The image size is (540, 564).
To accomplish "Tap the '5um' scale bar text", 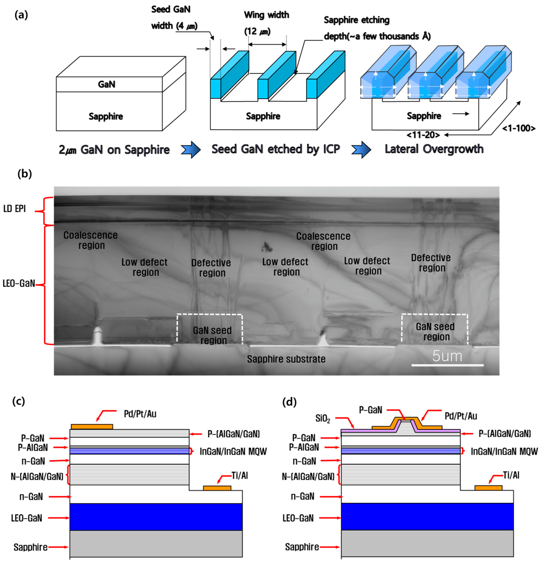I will pyautogui.click(x=447, y=356).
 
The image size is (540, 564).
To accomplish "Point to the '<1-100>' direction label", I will pyautogui.click(x=518, y=128).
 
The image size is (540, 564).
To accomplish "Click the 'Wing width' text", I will pyautogui.click(x=266, y=15).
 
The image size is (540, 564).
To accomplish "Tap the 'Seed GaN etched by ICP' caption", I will pyautogui.click(x=275, y=149).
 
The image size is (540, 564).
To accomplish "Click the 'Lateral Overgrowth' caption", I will pyautogui.click(x=434, y=149).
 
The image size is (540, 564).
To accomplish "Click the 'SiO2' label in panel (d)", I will pyautogui.click(x=323, y=418).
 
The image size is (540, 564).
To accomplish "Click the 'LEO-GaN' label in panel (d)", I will pyautogui.click(x=298, y=518).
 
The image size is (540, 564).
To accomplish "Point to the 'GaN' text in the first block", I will pyautogui.click(x=106, y=84).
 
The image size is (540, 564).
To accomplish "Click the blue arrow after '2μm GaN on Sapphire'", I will pyautogui.click(x=190, y=149).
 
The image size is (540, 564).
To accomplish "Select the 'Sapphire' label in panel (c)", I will pyautogui.click(x=30, y=547).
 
